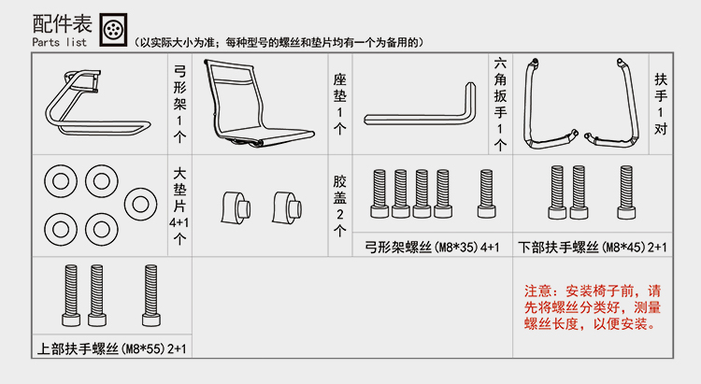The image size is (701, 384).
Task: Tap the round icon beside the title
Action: pos(113,30)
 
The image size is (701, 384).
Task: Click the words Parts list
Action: pos(59,43)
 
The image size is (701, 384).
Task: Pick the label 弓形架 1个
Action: pos(180,102)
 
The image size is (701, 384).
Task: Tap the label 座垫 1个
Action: pos(340,102)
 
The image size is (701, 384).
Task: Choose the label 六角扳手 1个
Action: pos(500,103)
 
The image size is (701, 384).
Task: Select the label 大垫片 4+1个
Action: pos(179,205)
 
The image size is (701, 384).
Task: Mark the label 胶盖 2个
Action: pos(340,205)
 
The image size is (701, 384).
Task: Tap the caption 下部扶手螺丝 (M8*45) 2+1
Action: pos(593,247)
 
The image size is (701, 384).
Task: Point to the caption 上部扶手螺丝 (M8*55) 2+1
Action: pos(112,348)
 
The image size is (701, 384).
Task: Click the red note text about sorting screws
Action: pos(594,307)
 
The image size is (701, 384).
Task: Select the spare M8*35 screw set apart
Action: pos(486,193)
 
